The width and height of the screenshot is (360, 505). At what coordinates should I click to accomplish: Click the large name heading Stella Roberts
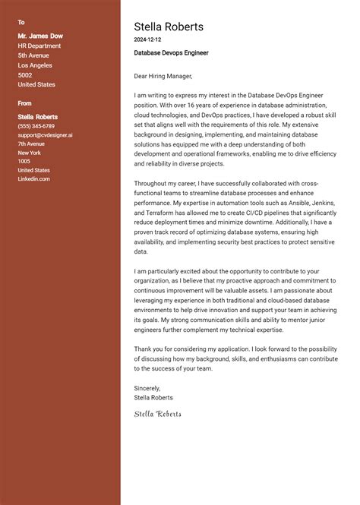point(169,27)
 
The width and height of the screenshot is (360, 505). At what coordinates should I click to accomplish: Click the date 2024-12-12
point(147,39)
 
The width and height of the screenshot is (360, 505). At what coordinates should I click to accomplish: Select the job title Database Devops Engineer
point(171,53)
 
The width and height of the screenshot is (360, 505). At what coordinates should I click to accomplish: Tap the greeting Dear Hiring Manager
point(163,76)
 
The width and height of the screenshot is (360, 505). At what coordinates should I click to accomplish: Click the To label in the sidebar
point(21,23)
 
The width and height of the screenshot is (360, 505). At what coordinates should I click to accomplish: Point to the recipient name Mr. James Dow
point(39,35)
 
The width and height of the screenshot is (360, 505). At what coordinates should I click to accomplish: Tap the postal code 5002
point(25,75)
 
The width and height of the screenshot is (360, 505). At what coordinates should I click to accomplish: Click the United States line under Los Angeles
point(36,85)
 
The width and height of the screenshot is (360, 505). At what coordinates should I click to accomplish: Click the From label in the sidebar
point(24,103)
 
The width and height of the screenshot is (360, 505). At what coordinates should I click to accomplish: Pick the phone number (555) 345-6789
point(36,126)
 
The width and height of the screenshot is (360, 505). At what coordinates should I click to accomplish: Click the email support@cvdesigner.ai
point(46,135)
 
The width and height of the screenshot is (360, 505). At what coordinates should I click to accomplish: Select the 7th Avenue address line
point(31,144)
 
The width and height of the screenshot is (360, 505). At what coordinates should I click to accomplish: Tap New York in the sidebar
point(30,153)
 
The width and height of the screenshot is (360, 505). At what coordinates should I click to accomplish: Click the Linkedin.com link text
point(33,178)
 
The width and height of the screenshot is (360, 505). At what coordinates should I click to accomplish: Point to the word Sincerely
point(147,388)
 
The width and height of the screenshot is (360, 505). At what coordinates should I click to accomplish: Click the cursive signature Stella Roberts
point(157,414)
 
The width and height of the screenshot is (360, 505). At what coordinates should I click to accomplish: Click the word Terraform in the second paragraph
point(150,214)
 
